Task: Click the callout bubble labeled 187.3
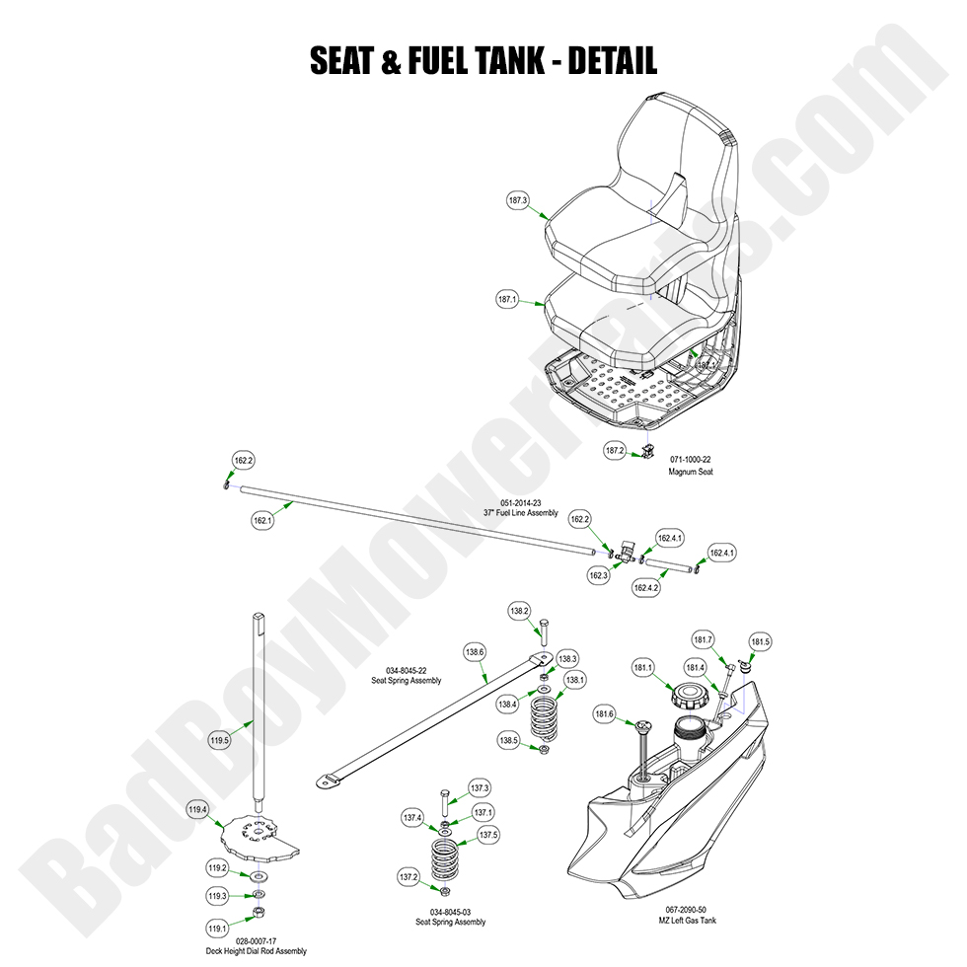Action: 518,200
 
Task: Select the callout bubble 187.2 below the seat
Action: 615,450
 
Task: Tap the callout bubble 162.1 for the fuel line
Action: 262,518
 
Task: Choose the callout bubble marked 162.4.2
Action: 645,587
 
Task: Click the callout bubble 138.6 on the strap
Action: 476,652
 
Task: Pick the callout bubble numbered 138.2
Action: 519,612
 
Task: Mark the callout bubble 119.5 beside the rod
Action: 220,740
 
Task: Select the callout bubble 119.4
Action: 197,810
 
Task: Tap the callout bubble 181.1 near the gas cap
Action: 643,668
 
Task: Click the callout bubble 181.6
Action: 605,713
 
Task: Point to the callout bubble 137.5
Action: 489,835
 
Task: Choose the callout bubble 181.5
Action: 761,642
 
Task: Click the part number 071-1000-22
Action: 691,460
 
